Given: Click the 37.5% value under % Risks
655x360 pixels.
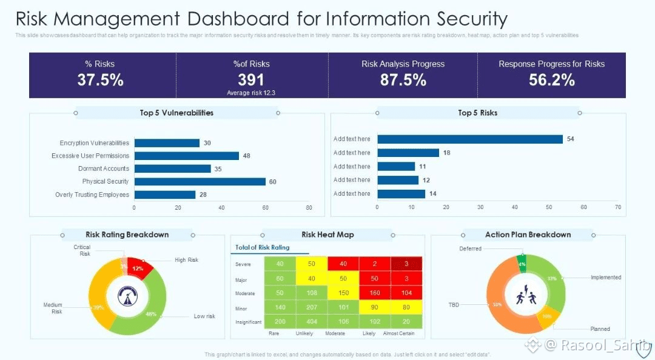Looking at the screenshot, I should (100, 80).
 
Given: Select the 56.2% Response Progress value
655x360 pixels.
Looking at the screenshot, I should (551, 80).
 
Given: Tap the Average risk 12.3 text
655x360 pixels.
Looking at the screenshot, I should (251, 93).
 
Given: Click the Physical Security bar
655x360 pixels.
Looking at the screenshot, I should (200, 182).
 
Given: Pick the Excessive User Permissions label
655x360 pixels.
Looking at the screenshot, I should (90, 156).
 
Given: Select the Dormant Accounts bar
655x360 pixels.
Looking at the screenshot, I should (173, 168).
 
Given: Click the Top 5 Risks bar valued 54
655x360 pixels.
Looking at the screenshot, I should (470, 139).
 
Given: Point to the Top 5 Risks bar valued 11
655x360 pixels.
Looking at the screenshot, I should (396, 166).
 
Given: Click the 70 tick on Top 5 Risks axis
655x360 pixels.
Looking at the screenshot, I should (618, 207).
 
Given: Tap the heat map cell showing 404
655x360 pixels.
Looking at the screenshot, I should (312, 321).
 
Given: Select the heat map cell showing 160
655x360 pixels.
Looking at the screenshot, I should (374, 293).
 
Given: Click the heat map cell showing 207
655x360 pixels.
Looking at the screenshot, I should (312, 307).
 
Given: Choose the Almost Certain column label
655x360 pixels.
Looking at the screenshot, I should (399, 334).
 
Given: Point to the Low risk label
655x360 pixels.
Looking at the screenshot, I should (204, 316).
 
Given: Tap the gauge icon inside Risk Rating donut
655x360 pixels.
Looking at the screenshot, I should (127, 296).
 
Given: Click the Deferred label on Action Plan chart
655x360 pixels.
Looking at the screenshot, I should (470, 248).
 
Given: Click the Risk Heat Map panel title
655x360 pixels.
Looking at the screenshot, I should (327, 235).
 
